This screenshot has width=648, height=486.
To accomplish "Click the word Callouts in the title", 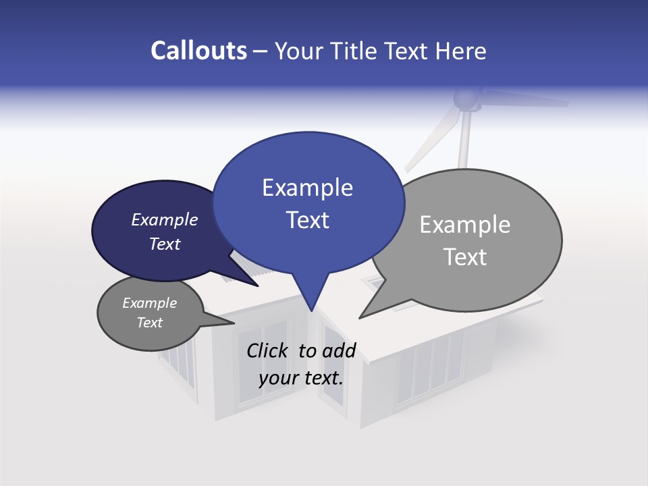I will tap(198, 51).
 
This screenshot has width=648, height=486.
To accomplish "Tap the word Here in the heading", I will tap(460, 51).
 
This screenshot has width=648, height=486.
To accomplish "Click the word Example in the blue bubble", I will tap(307, 188).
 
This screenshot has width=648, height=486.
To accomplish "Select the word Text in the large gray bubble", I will tap(465, 257).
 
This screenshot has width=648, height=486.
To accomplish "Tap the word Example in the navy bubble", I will tap(165, 220).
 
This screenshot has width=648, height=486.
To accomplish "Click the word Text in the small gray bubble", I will tap(150, 323).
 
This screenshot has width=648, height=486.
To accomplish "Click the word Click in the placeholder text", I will tap(269, 350).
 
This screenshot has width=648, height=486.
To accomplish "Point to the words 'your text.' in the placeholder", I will tap(301, 378).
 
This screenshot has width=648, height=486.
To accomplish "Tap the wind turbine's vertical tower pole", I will tap(463, 142).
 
